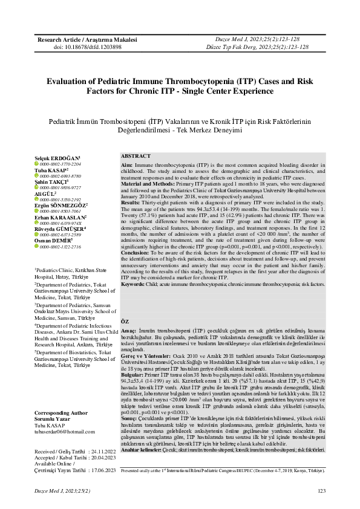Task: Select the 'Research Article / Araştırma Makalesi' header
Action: (79, 39)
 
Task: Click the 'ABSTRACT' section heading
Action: (136, 156)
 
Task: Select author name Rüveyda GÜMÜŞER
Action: (61, 245)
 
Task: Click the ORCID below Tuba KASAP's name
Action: (61, 177)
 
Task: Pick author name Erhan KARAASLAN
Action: (61, 233)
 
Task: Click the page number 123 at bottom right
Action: (321, 490)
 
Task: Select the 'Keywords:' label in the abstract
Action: (133, 284)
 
